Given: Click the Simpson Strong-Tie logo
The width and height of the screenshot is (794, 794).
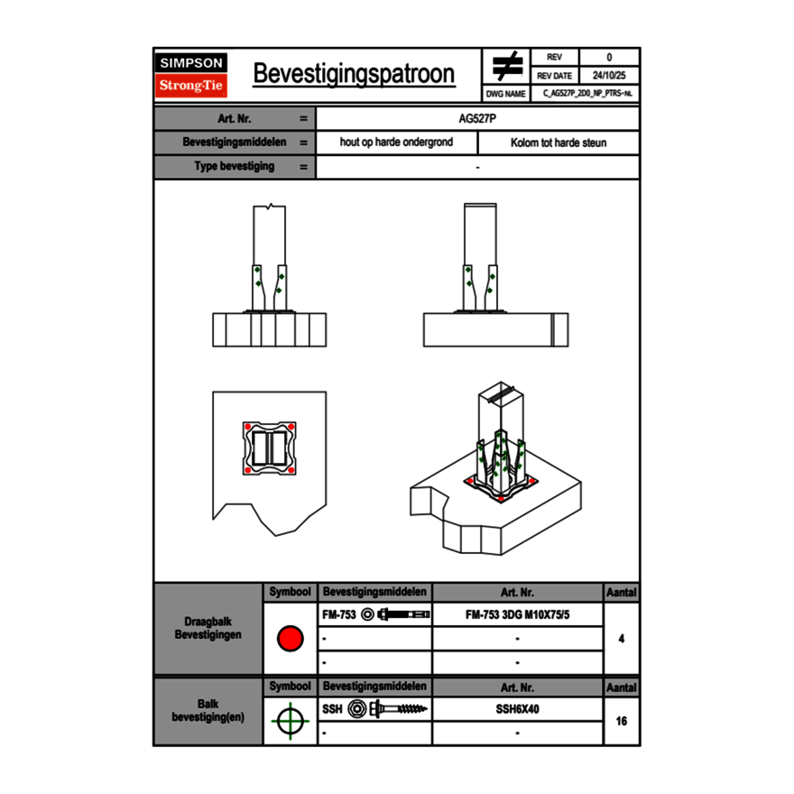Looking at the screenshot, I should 191,75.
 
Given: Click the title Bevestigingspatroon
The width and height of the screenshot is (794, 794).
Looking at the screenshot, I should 353,74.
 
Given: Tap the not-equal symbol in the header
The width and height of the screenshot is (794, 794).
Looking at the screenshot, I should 507,66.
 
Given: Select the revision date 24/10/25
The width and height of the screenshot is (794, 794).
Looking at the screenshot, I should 609,75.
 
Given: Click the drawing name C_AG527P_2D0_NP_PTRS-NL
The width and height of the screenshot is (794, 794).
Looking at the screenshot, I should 586,93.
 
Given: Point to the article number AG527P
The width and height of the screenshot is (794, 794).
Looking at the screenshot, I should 477,118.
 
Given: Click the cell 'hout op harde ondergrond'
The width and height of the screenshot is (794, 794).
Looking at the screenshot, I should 396,143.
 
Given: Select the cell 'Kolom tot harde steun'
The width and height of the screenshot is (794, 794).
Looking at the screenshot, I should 559,143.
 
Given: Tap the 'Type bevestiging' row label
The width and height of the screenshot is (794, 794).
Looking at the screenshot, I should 234,167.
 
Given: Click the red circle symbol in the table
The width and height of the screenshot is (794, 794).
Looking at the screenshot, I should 290,639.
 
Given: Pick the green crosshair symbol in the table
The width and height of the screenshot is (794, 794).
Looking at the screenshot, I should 289,721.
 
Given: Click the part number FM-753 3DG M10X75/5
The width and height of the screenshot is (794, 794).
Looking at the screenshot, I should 517,614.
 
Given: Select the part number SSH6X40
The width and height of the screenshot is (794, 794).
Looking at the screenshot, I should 517,709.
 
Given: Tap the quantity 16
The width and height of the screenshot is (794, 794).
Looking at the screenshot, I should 621,721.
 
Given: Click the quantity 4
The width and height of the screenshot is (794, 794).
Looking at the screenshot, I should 621,639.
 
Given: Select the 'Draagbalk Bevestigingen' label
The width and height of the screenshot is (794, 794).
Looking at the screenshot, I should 208,629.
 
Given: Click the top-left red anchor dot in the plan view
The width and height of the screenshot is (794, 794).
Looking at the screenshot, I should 246,427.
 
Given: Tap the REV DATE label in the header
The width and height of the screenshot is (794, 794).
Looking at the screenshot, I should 554,75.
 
